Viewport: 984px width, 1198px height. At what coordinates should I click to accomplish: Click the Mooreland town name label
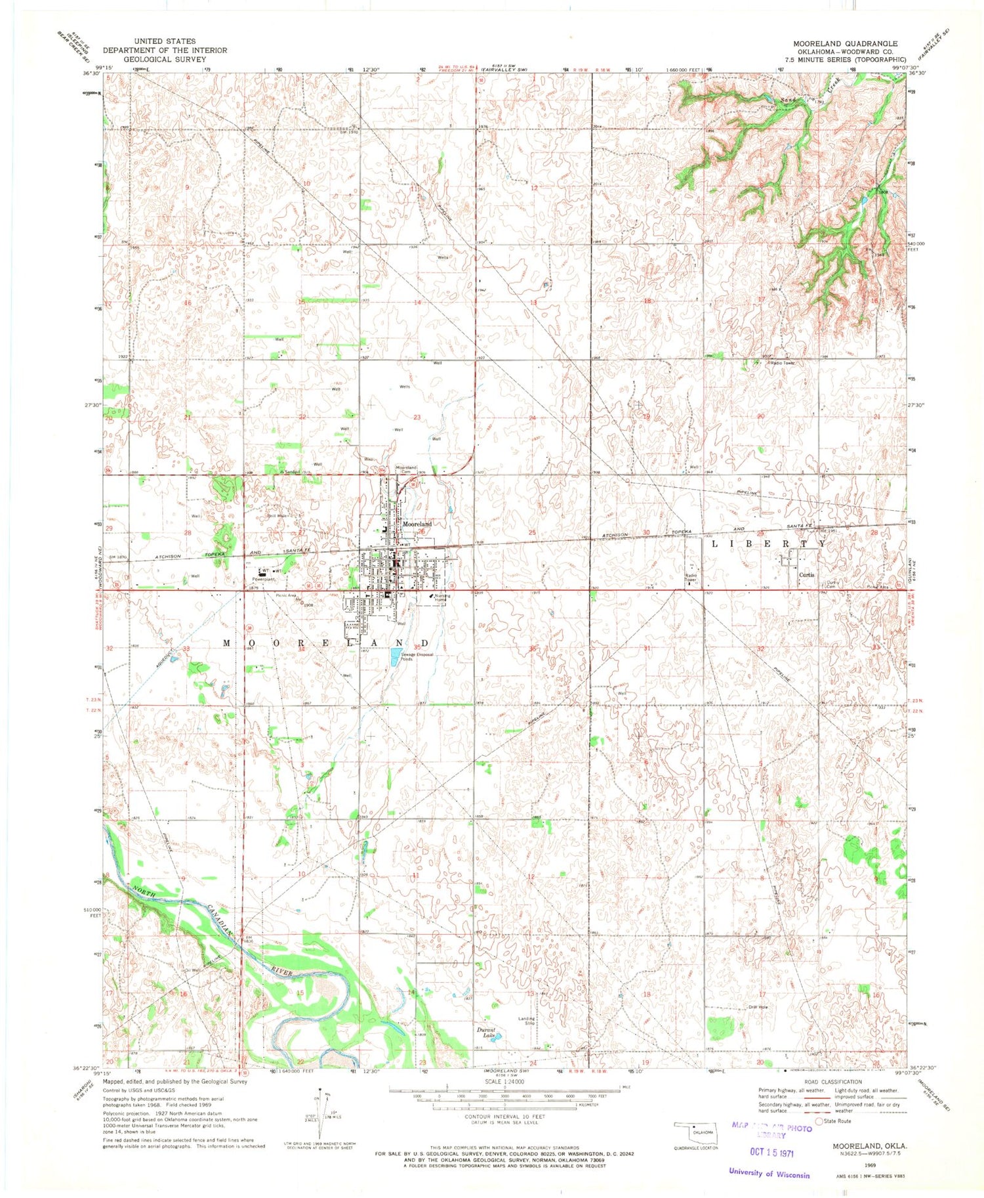point(417,524)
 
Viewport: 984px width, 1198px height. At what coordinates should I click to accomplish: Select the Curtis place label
point(806,574)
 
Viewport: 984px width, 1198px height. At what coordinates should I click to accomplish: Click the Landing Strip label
point(527,1021)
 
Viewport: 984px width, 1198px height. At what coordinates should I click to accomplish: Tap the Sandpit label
point(291,472)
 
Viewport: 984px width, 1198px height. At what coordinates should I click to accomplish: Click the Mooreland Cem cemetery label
point(407,469)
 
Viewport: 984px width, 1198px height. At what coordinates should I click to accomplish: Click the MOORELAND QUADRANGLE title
point(845,43)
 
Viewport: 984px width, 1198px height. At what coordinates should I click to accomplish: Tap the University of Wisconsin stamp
point(769,1174)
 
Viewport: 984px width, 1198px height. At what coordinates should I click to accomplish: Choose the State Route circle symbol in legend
point(819,1121)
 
